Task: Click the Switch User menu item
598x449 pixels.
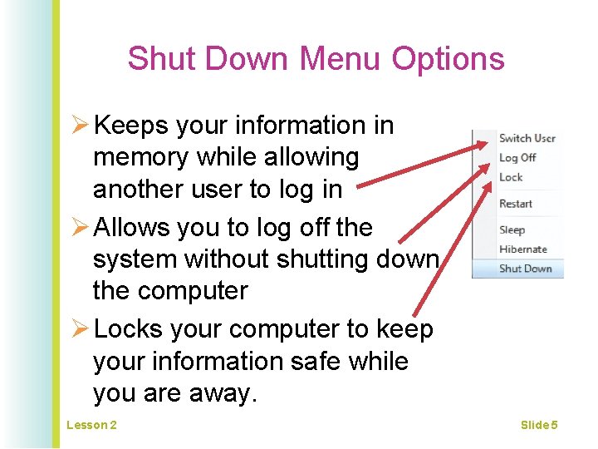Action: (x=527, y=138)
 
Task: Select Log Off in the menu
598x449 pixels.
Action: (x=517, y=157)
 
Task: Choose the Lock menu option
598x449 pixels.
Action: (x=511, y=177)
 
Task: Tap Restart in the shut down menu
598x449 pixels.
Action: (x=516, y=204)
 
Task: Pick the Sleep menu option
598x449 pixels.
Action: (x=512, y=229)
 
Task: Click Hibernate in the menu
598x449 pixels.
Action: (x=523, y=249)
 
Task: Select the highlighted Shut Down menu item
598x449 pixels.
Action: (x=525, y=269)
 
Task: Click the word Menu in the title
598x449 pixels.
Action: (x=341, y=59)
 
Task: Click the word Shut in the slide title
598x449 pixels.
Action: (x=162, y=59)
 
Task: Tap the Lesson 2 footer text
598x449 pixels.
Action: (x=91, y=426)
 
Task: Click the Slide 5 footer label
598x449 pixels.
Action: (x=539, y=426)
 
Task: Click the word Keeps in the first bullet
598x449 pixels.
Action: (x=131, y=126)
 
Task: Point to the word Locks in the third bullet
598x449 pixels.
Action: (x=131, y=329)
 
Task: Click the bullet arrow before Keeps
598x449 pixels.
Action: (x=80, y=126)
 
